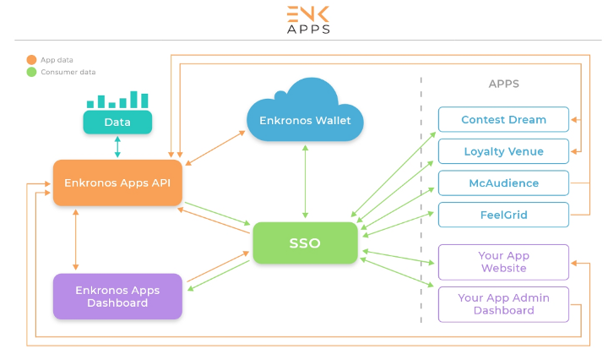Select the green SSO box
[x=305, y=243]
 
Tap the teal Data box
[x=117, y=123]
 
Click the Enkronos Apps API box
[x=117, y=183]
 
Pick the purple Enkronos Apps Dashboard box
[x=117, y=296]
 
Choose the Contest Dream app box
[x=503, y=119]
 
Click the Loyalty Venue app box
[x=503, y=151]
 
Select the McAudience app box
[x=503, y=183]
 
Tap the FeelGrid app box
[x=503, y=215]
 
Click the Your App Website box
[x=503, y=262]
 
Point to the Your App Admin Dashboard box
[x=503, y=304]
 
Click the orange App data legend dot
[x=31, y=59]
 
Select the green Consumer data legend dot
[x=31, y=72]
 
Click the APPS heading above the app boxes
[x=503, y=84]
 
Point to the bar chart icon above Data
[x=117, y=100]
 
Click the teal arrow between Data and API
[x=117, y=147]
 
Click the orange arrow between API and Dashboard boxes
[x=77, y=239]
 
